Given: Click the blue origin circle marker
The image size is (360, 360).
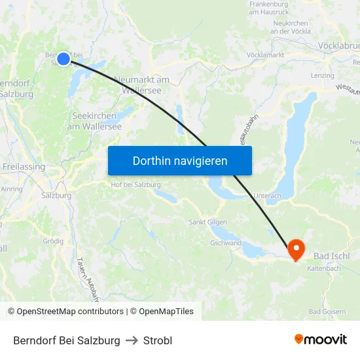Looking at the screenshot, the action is click(63, 59).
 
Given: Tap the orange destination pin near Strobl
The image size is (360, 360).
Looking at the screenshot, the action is click(296, 249).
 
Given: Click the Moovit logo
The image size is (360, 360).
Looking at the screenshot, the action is click(320, 340).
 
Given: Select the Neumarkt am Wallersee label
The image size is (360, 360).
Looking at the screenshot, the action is click(141, 84).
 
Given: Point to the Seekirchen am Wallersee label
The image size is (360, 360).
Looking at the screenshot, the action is click(94, 121).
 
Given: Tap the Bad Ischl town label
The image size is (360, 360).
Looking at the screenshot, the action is click(332, 255).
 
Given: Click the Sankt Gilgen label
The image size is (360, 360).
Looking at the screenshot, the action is click(207, 222).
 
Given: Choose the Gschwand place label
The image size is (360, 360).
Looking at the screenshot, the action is click(225, 243).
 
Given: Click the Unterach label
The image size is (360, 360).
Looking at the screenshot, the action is click(267, 195).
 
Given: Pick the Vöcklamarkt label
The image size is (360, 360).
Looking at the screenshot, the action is click(264, 55).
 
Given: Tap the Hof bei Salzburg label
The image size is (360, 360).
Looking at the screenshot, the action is click(136, 185).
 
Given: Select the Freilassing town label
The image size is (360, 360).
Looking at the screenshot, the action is click(24, 167).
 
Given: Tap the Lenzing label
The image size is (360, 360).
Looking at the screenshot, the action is click(322, 76).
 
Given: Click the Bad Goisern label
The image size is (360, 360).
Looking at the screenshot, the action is click(327, 312).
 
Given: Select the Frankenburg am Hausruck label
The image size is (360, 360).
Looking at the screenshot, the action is click(269, 8).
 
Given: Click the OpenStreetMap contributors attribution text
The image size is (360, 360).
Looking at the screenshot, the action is click(67, 312).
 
